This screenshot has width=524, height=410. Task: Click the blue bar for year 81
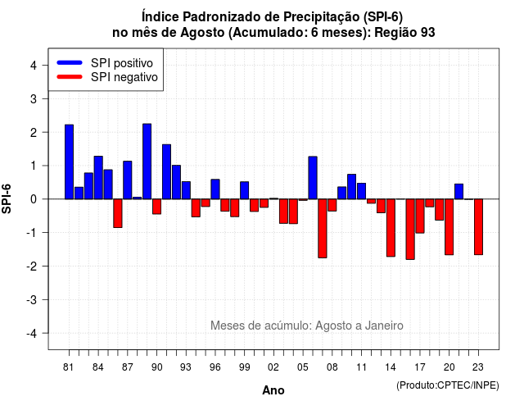(69, 162)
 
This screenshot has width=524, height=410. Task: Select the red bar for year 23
(478, 227)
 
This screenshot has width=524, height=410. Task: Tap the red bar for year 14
(391, 228)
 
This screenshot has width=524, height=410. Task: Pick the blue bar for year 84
(98, 178)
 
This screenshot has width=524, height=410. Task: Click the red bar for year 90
(156, 207)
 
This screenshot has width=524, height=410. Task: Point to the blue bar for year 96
(215, 189)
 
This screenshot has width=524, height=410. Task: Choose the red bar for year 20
(449, 227)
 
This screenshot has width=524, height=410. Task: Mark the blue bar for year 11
(362, 191)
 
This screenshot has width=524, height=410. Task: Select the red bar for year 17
(420, 216)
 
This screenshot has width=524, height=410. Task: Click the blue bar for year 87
(128, 180)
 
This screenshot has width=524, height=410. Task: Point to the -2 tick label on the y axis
(33, 266)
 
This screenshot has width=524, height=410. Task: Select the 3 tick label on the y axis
(34, 98)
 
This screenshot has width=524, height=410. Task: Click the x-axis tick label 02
(273, 367)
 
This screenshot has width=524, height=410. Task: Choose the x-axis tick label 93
(186, 367)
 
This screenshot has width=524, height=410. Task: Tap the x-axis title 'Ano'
(273, 390)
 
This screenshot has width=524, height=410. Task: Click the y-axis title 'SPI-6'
(7, 198)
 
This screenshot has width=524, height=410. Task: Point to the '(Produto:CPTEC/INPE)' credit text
(448, 385)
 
